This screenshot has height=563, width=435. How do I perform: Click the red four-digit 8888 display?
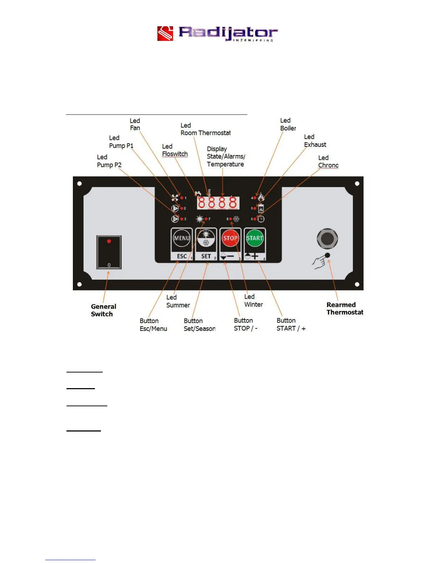[217, 203]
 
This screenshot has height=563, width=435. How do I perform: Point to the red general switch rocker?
[109, 252]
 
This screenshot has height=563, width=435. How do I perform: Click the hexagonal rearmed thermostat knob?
[327, 238]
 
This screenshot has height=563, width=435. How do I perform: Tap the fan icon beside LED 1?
[175, 198]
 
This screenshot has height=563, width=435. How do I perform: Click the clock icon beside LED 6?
[261, 219]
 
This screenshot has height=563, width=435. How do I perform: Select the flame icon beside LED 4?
[261, 197]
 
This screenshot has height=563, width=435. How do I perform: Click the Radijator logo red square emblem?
[165, 34]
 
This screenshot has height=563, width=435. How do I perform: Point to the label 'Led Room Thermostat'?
[205, 129]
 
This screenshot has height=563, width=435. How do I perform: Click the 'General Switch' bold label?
[103, 310]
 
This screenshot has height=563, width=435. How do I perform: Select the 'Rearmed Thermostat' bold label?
[345, 309]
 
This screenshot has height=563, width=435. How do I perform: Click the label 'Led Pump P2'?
[109, 161]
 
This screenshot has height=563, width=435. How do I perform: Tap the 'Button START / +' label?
[291, 325]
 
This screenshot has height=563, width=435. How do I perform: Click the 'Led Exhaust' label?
[315, 141]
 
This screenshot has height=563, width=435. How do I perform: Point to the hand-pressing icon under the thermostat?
[319, 263]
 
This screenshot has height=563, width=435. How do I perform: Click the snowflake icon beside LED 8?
[236, 219]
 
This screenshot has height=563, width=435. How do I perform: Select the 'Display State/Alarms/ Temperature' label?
[226, 156]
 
